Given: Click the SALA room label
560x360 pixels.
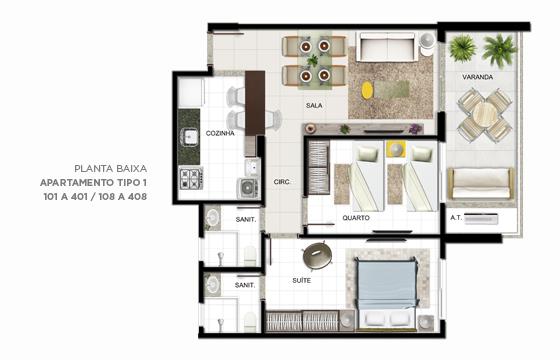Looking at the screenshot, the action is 314,105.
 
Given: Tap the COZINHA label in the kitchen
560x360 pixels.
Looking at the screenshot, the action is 220,133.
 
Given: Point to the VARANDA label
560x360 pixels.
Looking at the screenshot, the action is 478,77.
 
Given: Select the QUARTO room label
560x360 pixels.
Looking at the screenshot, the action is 356,218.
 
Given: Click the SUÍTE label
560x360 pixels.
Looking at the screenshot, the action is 301,280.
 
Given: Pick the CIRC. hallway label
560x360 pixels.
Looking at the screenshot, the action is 282,182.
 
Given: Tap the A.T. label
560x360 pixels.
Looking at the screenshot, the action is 456,218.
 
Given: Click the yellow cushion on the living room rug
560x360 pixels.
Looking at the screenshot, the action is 367,91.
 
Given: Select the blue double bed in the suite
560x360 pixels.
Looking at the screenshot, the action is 387,293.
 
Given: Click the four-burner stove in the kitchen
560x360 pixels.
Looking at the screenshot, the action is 191,178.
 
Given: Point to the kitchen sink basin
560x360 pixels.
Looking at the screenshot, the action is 190,136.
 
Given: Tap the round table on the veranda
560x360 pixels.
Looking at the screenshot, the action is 485,115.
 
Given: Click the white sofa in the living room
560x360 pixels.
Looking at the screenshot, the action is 387,48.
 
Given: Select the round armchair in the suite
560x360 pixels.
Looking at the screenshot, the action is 317,255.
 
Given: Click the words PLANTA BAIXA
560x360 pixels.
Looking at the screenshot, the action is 110,168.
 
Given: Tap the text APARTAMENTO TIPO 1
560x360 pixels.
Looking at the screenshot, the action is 93,182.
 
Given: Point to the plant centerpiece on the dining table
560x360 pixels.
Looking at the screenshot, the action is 313,60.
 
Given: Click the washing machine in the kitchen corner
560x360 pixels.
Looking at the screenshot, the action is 248,188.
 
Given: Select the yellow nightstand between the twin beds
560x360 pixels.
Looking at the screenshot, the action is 395,149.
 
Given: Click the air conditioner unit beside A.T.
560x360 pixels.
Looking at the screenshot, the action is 481,219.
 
